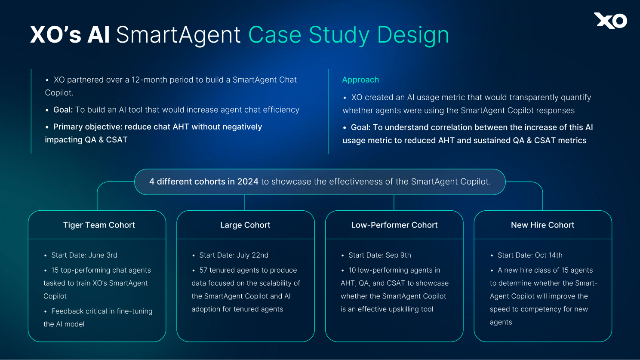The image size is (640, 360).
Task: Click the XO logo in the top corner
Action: point(610,21)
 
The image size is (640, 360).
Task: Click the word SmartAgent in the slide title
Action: point(178,35)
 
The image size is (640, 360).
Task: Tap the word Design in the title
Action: point(413,35)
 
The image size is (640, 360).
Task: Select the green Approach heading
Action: point(360,80)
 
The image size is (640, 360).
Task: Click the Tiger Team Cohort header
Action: point(99,225)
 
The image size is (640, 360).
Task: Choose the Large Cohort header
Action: point(245,225)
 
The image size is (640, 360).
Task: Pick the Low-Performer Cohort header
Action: point(394,225)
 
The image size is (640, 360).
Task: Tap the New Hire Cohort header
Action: point(542,225)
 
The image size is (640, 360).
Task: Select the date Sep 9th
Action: point(398,255)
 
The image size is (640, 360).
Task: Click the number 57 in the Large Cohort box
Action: point(203,270)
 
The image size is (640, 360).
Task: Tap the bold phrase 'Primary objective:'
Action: point(88,127)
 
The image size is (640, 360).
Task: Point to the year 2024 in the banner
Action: point(248,182)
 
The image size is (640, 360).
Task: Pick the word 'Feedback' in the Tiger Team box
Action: point(67,311)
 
